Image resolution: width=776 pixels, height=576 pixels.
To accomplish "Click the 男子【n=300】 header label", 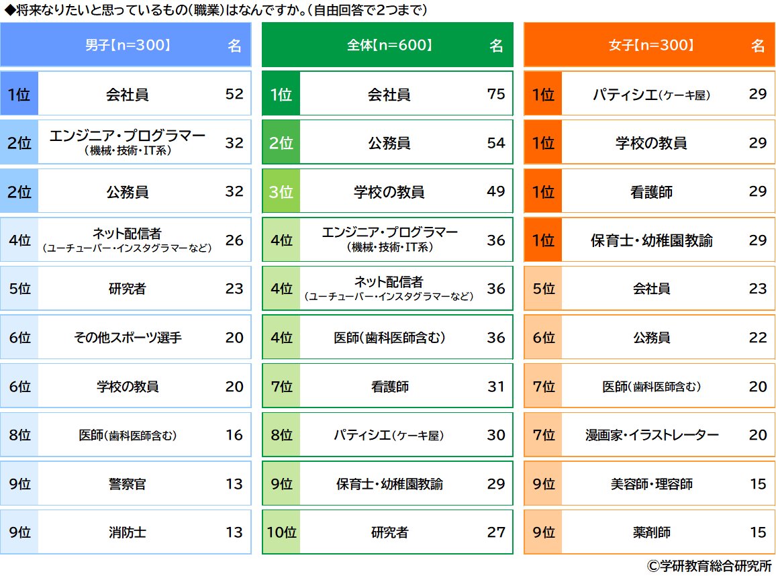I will (x=128, y=46).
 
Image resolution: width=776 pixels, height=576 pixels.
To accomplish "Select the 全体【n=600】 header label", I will (x=389, y=46).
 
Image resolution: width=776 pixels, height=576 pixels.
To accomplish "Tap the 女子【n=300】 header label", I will (x=651, y=46).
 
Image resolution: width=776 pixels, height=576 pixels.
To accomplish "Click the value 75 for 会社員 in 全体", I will (x=496, y=95).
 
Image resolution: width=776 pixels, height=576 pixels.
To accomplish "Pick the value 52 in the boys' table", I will (x=234, y=95).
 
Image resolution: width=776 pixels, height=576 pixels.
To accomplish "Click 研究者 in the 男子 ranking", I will (x=128, y=289).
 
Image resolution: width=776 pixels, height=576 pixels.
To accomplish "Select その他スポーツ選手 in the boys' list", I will (x=128, y=338).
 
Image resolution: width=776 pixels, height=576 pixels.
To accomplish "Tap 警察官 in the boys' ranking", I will (x=128, y=484).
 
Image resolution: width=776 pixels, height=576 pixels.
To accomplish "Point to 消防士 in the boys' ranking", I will (x=128, y=533).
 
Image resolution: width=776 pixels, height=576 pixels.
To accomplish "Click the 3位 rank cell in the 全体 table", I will (x=281, y=192).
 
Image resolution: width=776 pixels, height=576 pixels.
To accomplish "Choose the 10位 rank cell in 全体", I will (x=281, y=533).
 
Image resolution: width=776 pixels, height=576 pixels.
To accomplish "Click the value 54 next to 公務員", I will (x=496, y=143).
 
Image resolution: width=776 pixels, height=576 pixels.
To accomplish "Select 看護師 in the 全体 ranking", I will (x=389, y=387).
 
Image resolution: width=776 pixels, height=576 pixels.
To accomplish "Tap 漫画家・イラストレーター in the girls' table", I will (x=651, y=435).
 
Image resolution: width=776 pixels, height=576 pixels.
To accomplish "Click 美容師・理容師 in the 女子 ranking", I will (x=651, y=484).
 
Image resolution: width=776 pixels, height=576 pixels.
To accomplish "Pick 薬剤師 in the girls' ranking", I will (x=651, y=533).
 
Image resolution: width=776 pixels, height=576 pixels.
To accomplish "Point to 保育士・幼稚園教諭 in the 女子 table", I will (x=651, y=240).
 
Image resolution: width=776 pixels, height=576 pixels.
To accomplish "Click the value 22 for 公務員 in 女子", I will (x=758, y=338).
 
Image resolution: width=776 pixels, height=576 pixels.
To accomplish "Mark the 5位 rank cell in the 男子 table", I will (x=19, y=289).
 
